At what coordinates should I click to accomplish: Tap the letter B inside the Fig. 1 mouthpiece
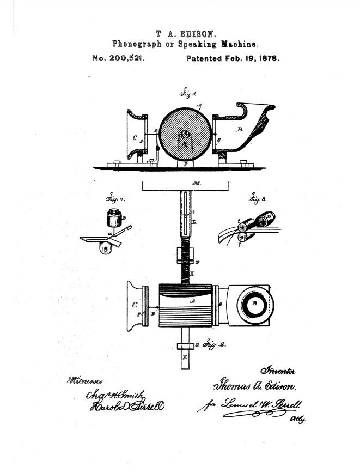(240, 130)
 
